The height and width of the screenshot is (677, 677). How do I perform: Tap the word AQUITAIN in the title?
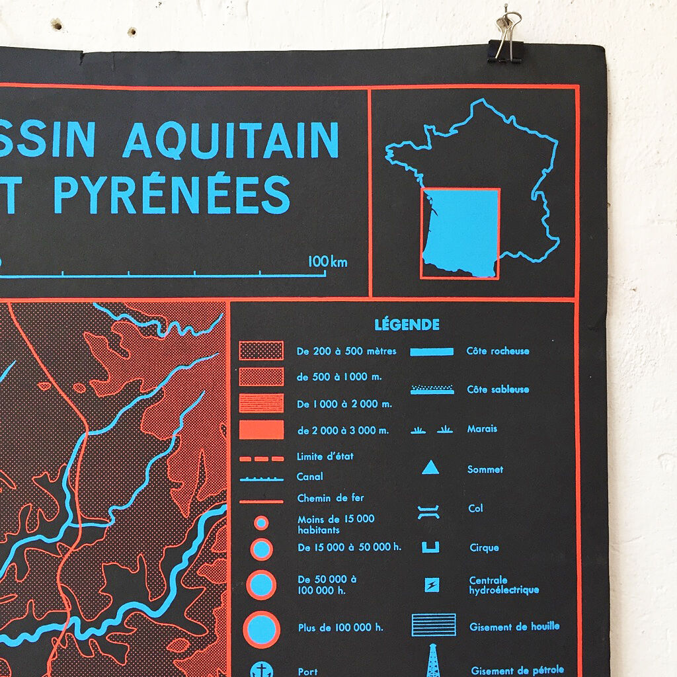click(231, 140)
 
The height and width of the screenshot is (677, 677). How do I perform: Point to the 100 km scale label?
click(327, 262)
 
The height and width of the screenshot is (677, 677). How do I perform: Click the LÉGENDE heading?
click(407, 325)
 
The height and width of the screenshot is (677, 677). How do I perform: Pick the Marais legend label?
click(482, 428)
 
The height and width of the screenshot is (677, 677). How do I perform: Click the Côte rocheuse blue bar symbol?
click(432, 351)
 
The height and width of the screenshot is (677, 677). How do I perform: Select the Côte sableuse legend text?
click(498, 389)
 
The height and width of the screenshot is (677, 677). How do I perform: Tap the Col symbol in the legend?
click(430, 509)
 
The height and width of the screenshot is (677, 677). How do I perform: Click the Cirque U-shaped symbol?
click(430, 547)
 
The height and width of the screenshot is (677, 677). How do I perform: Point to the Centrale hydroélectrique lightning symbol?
click(431, 585)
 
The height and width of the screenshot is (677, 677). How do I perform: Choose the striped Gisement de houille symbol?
click(433, 625)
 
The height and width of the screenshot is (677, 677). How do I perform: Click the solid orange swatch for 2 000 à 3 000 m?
click(261, 430)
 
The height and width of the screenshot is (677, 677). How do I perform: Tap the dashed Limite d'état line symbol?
click(261, 458)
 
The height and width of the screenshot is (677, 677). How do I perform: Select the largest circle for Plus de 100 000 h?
click(261, 628)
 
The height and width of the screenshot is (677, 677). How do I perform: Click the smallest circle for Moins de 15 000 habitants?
click(261, 523)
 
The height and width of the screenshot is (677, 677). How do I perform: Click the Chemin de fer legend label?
click(331, 498)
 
